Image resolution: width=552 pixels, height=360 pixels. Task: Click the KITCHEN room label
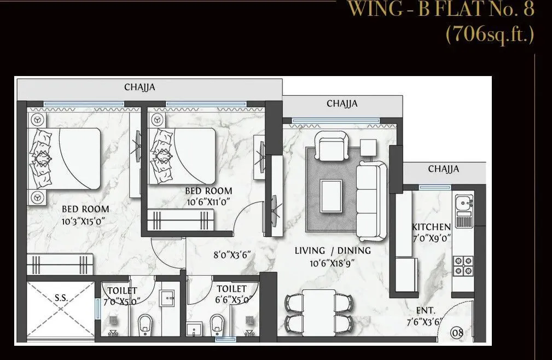pos(431,227)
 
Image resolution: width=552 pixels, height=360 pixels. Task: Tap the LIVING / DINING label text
pos(333,251)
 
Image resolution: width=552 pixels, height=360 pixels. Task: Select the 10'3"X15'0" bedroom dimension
pos(83,221)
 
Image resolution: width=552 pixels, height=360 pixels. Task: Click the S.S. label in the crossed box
pos(60,299)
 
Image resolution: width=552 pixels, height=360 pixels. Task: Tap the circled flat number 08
pos(457,332)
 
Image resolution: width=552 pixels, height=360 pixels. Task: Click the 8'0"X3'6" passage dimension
pos(232,253)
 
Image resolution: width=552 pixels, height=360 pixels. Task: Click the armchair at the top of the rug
pos(333,146)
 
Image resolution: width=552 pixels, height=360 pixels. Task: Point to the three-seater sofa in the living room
pos(373,201)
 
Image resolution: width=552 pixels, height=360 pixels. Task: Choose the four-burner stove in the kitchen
pos(464,265)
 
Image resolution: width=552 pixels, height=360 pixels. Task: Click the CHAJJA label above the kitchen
pos(443,169)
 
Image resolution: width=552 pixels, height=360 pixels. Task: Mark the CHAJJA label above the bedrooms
pos(140,87)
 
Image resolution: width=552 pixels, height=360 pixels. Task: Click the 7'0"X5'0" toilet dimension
pos(121,301)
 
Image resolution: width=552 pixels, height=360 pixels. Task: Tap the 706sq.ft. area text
pos(490,34)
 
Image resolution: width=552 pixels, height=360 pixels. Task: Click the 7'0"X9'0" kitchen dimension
pos(431,238)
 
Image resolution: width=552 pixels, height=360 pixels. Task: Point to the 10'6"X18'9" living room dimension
pos(333,262)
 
